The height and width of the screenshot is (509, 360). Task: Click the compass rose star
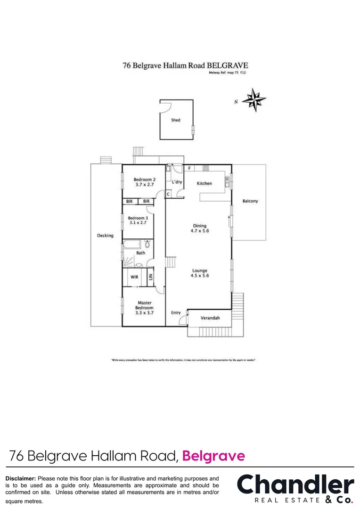[254, 99]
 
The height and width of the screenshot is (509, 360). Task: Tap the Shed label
[175, 120]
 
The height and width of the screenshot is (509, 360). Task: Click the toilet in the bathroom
[147, 244]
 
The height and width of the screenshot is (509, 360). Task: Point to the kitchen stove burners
[205, 168]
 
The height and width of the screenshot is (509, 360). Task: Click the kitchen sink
[227, 181]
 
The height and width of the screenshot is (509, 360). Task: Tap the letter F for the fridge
[189, 168]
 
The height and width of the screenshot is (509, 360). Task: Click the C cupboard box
[168, 194]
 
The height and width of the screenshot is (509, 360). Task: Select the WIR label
[134, 277]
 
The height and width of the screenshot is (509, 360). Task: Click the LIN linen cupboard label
[151, 277]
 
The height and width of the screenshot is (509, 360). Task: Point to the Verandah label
[211, 318]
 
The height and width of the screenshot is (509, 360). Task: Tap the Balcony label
[250, 201]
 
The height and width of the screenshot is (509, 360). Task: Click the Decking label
[105, 236]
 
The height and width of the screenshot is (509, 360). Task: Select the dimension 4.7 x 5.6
[199, 231]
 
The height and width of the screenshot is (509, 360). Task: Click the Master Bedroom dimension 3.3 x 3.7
[144, 313]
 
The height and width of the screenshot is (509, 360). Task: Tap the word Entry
[176, 312]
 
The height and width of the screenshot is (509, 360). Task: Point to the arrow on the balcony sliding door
[229, 218]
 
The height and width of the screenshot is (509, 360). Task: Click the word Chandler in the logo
[295, 485]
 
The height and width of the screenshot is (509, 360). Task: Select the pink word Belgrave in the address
[213, 456]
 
